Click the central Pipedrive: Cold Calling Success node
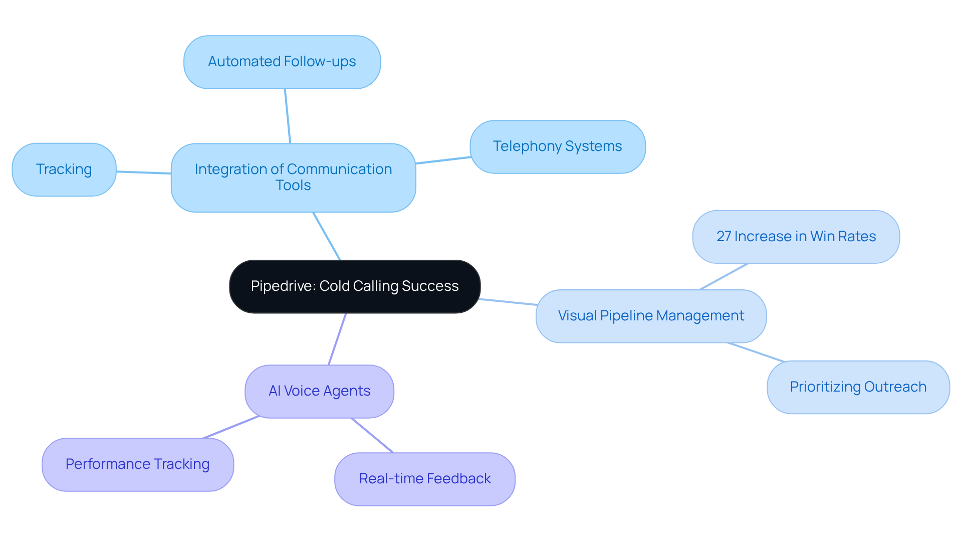click(355, 286)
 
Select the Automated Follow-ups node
click(282, 62)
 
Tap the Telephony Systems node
click(557, 146)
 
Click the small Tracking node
click(64, 169)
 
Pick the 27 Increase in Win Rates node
click(796, 237)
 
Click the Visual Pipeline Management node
click(651, 316)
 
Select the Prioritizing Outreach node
click(858, 387)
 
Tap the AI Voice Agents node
click(319, 391)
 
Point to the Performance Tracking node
click(137, 464)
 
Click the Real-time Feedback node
click(424, 479)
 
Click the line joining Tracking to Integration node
click(144, 172)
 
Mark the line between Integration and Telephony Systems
click(443, 160)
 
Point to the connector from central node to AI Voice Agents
click(337, 339)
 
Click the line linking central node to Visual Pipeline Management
click(508, 302)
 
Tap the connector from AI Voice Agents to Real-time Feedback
click(372, 435)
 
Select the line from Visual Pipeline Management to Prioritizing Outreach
click(756, 352)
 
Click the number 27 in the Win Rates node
click(724, 237)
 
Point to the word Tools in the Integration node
click(293, 186)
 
